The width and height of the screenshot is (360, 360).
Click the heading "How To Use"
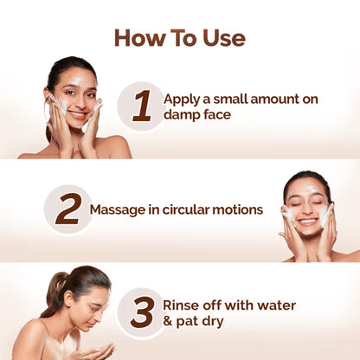click(180, 38)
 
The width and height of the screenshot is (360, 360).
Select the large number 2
click(67, 209)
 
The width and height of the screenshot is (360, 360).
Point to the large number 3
click(141, 312)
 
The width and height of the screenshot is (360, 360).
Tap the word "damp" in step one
click(183, 115)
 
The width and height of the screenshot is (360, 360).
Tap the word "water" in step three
click(274, 305)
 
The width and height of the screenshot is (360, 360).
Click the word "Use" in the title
click(223, 38)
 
